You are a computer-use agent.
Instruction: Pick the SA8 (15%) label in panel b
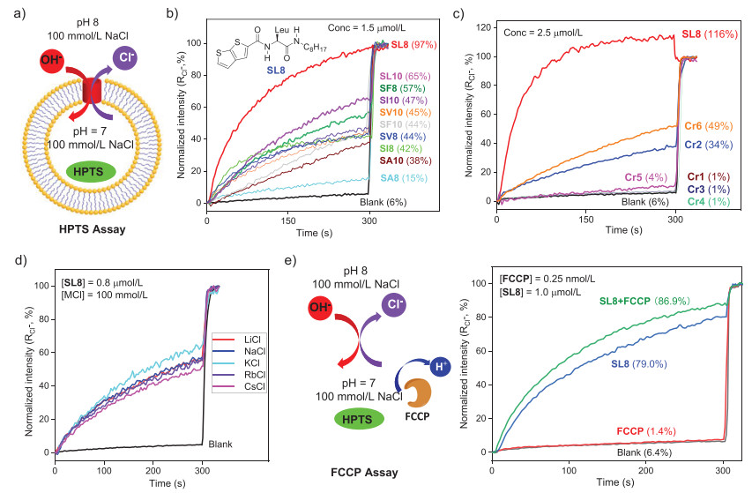[425, 179]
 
